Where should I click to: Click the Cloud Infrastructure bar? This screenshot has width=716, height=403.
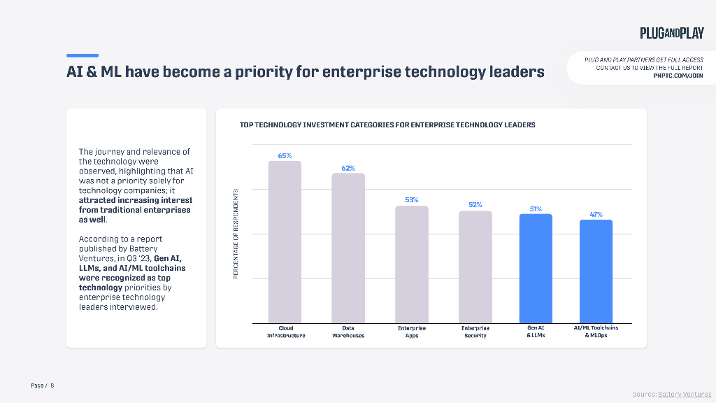pyautogui.click(x=285, y=242)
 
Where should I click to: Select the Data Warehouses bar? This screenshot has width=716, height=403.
pyautogui.click(x=348, y=248)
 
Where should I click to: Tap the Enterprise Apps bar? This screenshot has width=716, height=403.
pyautogui.click(x=412, y=264)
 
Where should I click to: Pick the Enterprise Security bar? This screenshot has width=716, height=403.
pyautogui.click(x=475, y=267)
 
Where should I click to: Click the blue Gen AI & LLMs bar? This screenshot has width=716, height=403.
pyautogui.click(x=536, y=268)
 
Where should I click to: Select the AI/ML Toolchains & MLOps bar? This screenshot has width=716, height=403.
pyautogui.click(x=596, y=271)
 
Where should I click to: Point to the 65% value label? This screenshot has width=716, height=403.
pyautogui.click(x=285, y=156)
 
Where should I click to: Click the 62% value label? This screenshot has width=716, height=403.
pyautogui.click(x=348, y=168)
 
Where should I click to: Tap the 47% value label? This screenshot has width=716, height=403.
pyautogui.click(x=596, y=215)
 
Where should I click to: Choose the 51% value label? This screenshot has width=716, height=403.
pyautogui.click(x=536, y=208)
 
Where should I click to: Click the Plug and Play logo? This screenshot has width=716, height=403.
pyautogui.click(x=671, y=33)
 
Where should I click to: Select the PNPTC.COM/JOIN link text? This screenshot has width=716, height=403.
pyautogui.click(x=678, y=76)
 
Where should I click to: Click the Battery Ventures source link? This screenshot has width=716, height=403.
pyautogui.click(x=685, y=395)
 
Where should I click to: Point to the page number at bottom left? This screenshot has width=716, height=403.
pyautogui.click(x=43, y=386)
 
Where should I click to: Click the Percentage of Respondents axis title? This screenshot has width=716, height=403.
pyautogui.click(x=236, y=234)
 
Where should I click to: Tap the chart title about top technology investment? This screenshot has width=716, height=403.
pyautogui.click(x=387, y=125)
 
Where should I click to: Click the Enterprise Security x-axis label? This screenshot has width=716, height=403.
pyautogui.click(x=475, y=332)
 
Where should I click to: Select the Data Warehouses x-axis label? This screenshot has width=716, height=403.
pyautogui.click(x=348, y=332)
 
